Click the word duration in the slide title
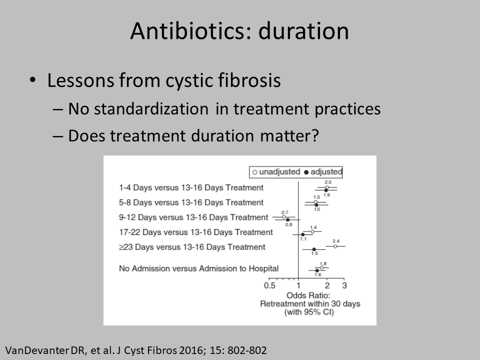(303, 31)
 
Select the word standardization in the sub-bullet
(151, 108)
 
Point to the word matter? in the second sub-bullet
(289, 135)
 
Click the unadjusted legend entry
(276, 171)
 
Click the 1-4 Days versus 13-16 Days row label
(191, 187)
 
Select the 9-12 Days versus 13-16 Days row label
(194, 217)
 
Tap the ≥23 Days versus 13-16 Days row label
(192, 247)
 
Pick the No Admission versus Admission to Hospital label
(199, 268)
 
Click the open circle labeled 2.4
(335, 246)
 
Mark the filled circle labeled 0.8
(288, 220)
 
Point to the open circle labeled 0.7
(284, 216)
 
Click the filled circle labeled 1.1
(303, 234)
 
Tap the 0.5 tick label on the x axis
(269, 285)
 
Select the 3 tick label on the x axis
(344, 285)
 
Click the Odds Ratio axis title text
(308, 295)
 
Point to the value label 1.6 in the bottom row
(318, 274)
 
